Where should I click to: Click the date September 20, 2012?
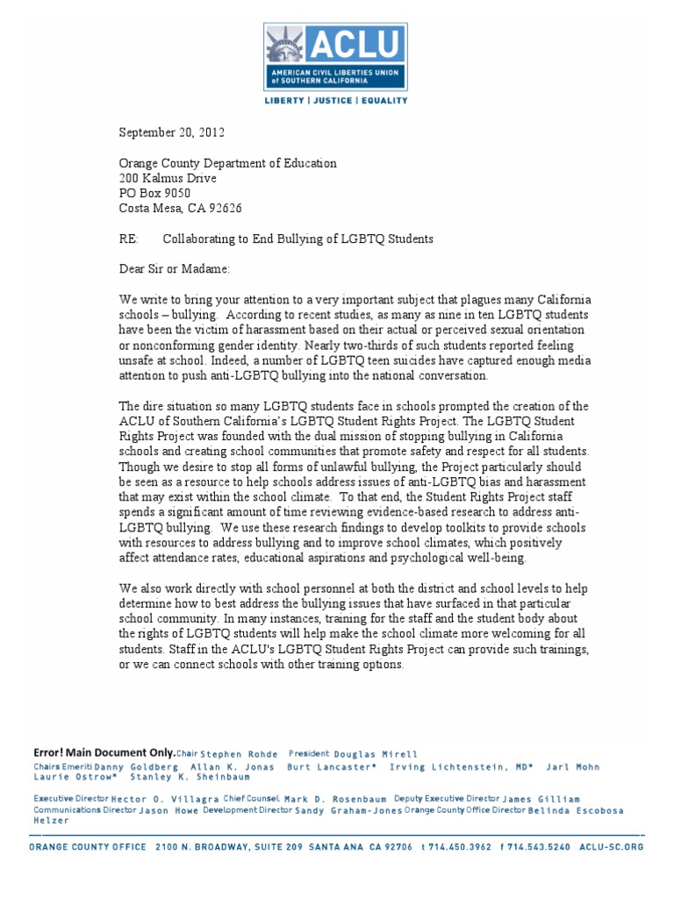click(x=172, y=133)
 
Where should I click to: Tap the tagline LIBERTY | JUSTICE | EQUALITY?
click(x=336, y=101)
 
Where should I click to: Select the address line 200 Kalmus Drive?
click(x=168, y=178)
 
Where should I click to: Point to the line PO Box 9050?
click(x=154, y=193)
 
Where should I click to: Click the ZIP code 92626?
click(x=223, y=208)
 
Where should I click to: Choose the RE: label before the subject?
click(x=129, y=239)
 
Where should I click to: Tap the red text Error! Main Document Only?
click(x=104, y=752)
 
